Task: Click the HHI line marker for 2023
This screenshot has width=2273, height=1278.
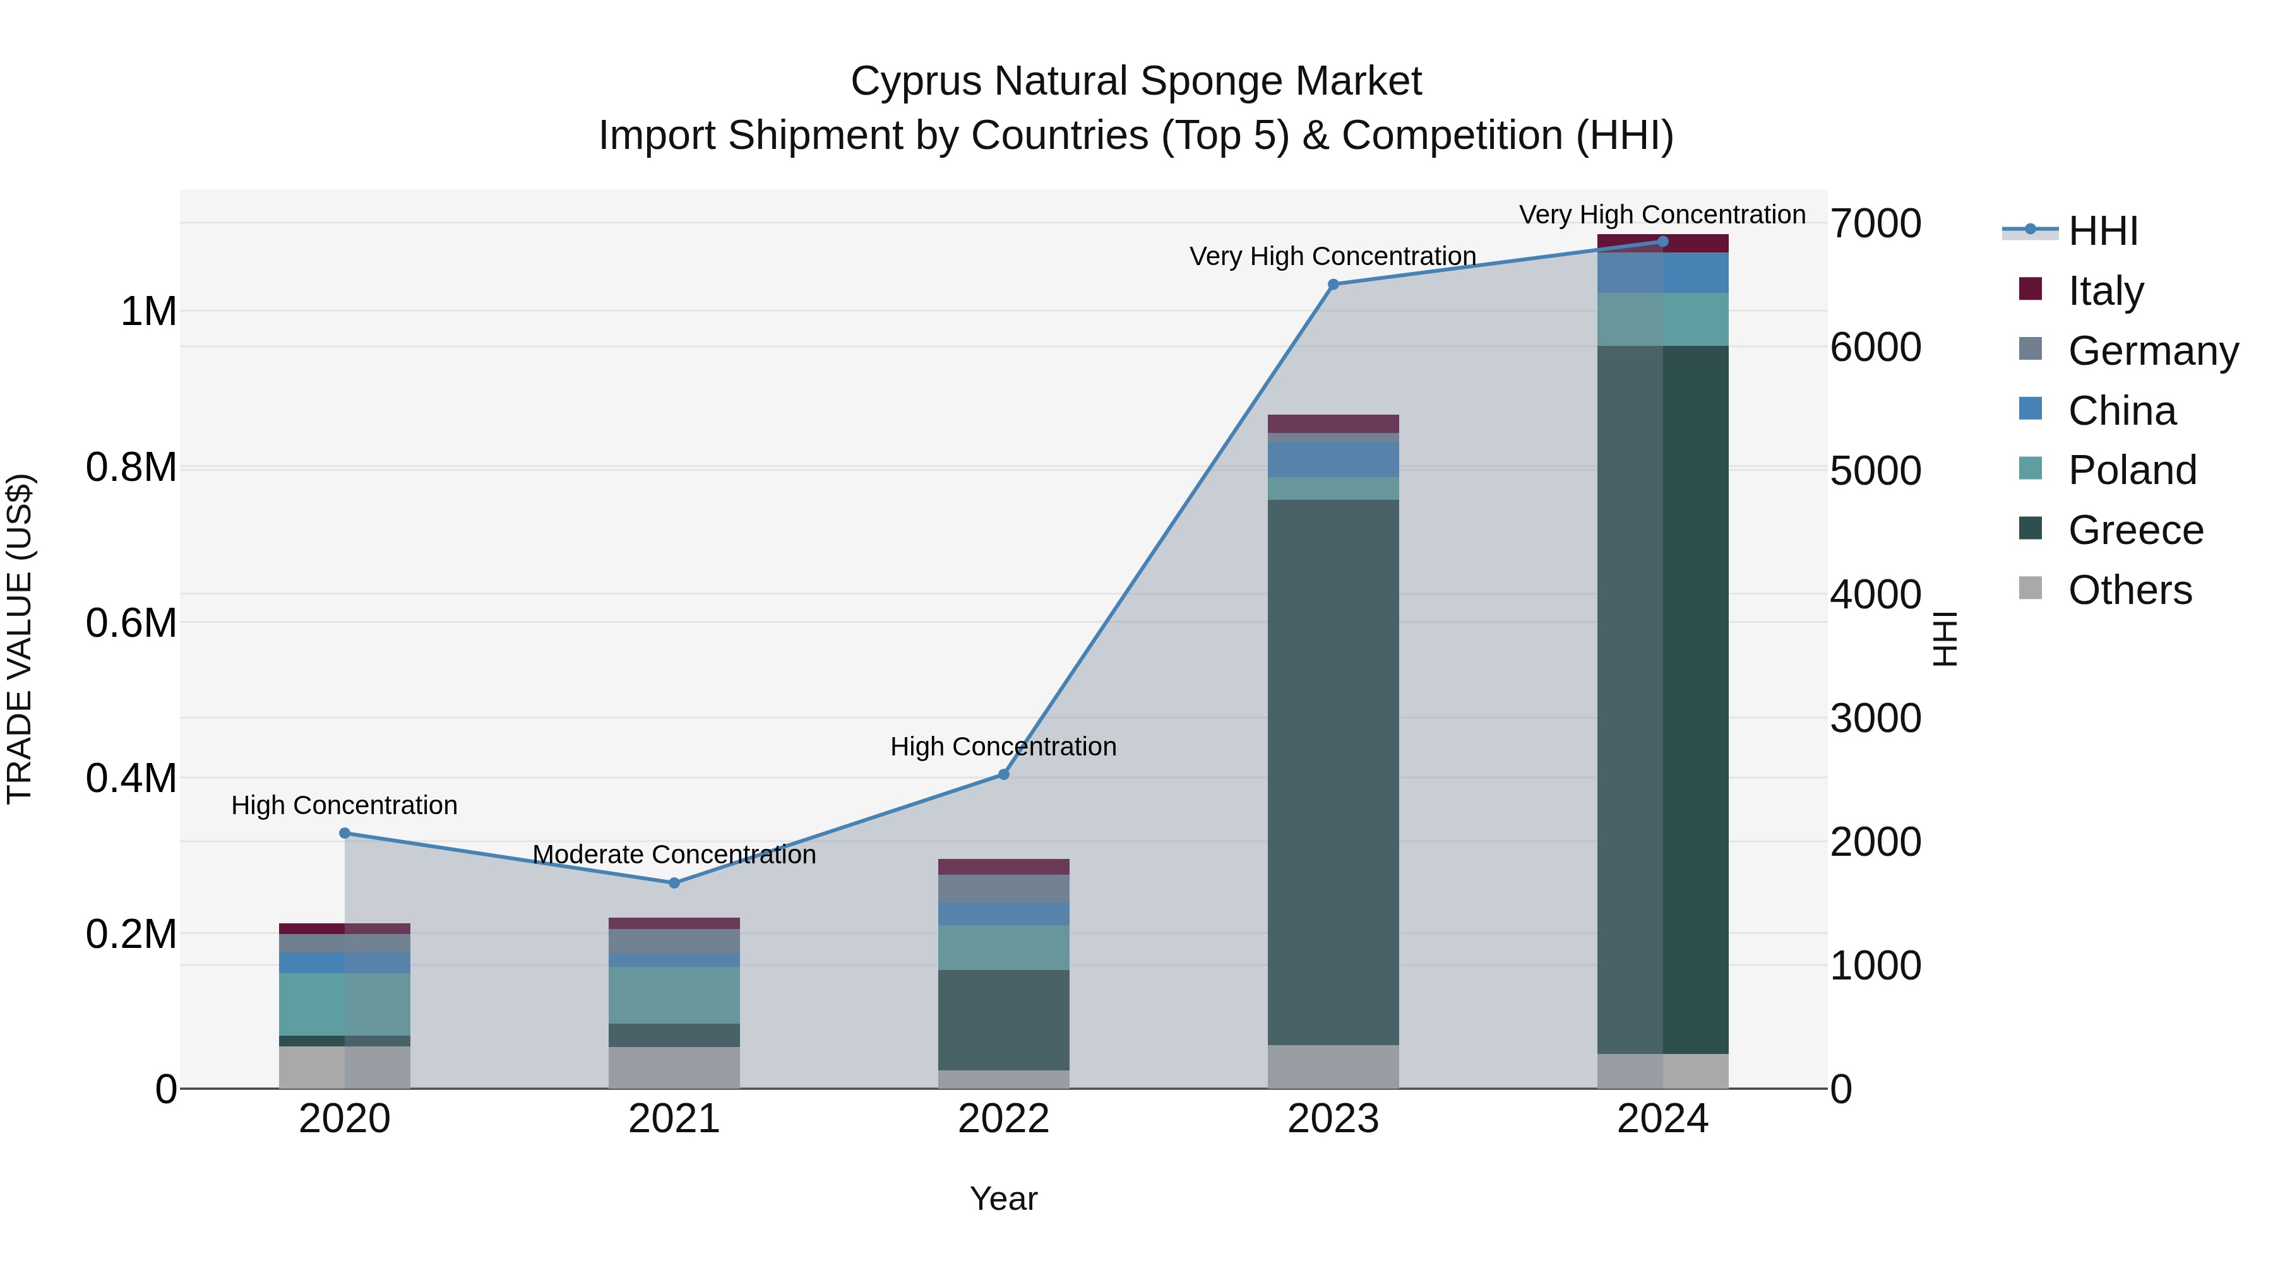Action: [x=1333, y=284]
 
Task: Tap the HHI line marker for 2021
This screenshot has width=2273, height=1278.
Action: [x=674, y=883]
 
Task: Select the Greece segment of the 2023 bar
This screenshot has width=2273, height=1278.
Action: [x=1333, y=772]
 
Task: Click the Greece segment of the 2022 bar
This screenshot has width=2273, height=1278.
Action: [x=1003, y=1020]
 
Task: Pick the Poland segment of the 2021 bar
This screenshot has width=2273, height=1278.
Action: [x=674, y=995]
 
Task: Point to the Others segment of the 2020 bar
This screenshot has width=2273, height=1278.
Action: [x=344, y=1067]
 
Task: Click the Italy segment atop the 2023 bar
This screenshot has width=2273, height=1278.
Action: [x=1333, y=423]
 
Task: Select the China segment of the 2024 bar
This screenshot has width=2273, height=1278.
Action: [x=1662, y=273]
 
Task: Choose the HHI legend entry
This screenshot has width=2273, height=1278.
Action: [x=2102, y=231]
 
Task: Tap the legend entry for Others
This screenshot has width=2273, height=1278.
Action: [x=2128, y=590]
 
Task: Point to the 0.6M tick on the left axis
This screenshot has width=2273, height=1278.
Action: [x=131, y=623]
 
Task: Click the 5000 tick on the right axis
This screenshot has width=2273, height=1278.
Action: [x=1875, y=470]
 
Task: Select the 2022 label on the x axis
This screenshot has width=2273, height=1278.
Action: [x=1003, y=1119]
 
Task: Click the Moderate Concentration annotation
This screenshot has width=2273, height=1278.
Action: [x=674, y=855]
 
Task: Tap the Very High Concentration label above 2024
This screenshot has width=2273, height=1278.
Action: [x=1662, y=215]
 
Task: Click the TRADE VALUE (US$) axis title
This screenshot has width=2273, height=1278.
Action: [x=20, y=639]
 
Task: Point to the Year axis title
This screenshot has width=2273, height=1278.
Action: [x=1003, y=1198]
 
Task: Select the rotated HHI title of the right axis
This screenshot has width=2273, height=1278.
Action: [x=1944, y=639]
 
